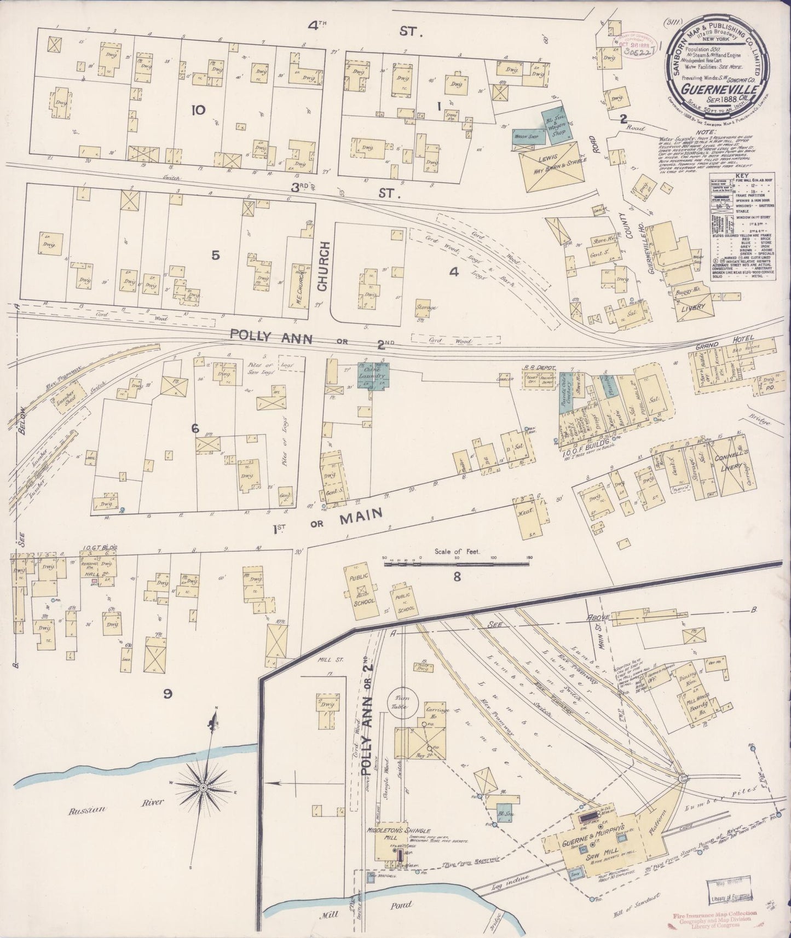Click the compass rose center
point(203,787)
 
